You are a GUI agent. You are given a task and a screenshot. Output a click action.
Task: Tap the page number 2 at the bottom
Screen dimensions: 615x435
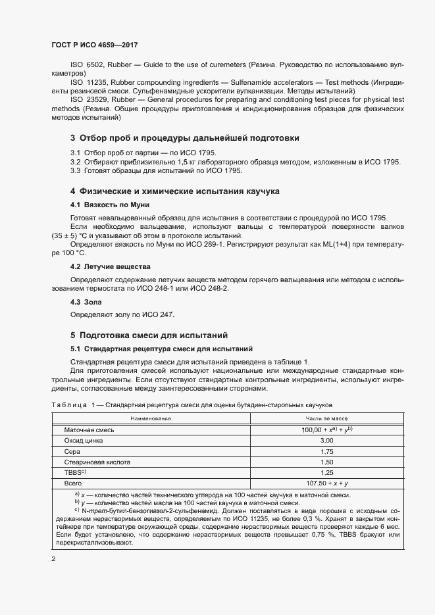click(53, 559)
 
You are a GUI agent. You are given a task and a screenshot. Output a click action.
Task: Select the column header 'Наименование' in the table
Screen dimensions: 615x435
click(151, 418)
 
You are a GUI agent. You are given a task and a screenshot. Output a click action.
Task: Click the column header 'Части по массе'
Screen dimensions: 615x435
click(326, 418)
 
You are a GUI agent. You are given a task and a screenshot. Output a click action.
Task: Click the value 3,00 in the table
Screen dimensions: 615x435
click(326, 440)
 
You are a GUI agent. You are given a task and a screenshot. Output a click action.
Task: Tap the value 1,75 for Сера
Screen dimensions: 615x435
click(326, 451)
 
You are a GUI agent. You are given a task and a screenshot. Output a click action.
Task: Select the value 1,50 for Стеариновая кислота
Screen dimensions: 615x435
click(326, 462)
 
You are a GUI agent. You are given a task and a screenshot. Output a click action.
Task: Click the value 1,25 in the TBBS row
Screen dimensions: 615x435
click(326, 473)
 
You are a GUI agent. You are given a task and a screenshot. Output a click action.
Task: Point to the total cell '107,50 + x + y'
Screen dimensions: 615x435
click(326, 484)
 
